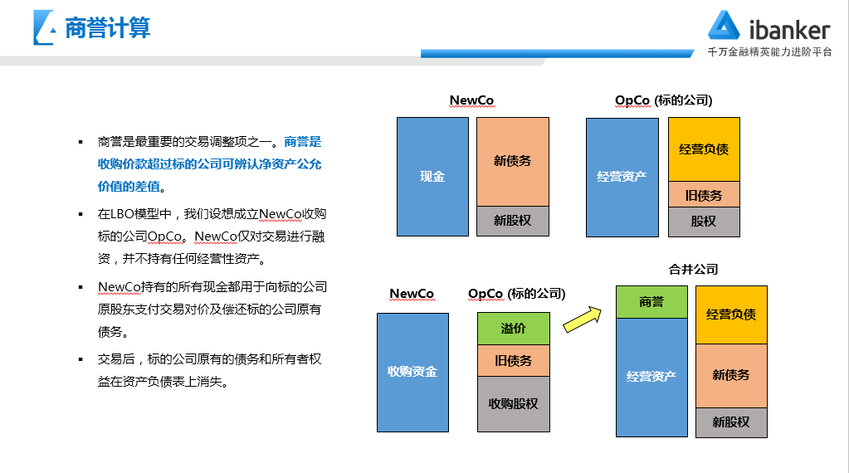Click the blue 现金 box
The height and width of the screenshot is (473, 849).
(432, 177)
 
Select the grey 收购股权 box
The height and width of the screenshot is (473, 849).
(513, 404)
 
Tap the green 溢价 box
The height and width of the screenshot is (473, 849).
(513, 329)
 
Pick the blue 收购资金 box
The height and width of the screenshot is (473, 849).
(412, 372)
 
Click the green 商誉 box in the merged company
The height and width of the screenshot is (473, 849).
(651, 302)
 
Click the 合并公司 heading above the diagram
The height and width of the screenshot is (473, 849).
(693, 269)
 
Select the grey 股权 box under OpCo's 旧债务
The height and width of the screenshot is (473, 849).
(704, 222)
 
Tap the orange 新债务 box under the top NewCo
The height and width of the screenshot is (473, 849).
(513, 161)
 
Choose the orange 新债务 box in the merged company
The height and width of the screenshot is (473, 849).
(731, 375)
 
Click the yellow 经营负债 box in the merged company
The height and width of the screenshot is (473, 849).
(731, 315)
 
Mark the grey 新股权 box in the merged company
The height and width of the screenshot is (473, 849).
(731, 422)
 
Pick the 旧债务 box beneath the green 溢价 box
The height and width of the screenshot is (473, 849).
(513, 361)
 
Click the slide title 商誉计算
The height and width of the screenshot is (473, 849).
(108, 29)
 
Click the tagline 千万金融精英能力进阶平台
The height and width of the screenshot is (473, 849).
(769, 51)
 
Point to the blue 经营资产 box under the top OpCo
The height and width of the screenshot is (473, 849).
(622, 177)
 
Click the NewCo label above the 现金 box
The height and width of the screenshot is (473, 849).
(471, 100)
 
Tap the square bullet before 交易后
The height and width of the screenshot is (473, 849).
(81, 359)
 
